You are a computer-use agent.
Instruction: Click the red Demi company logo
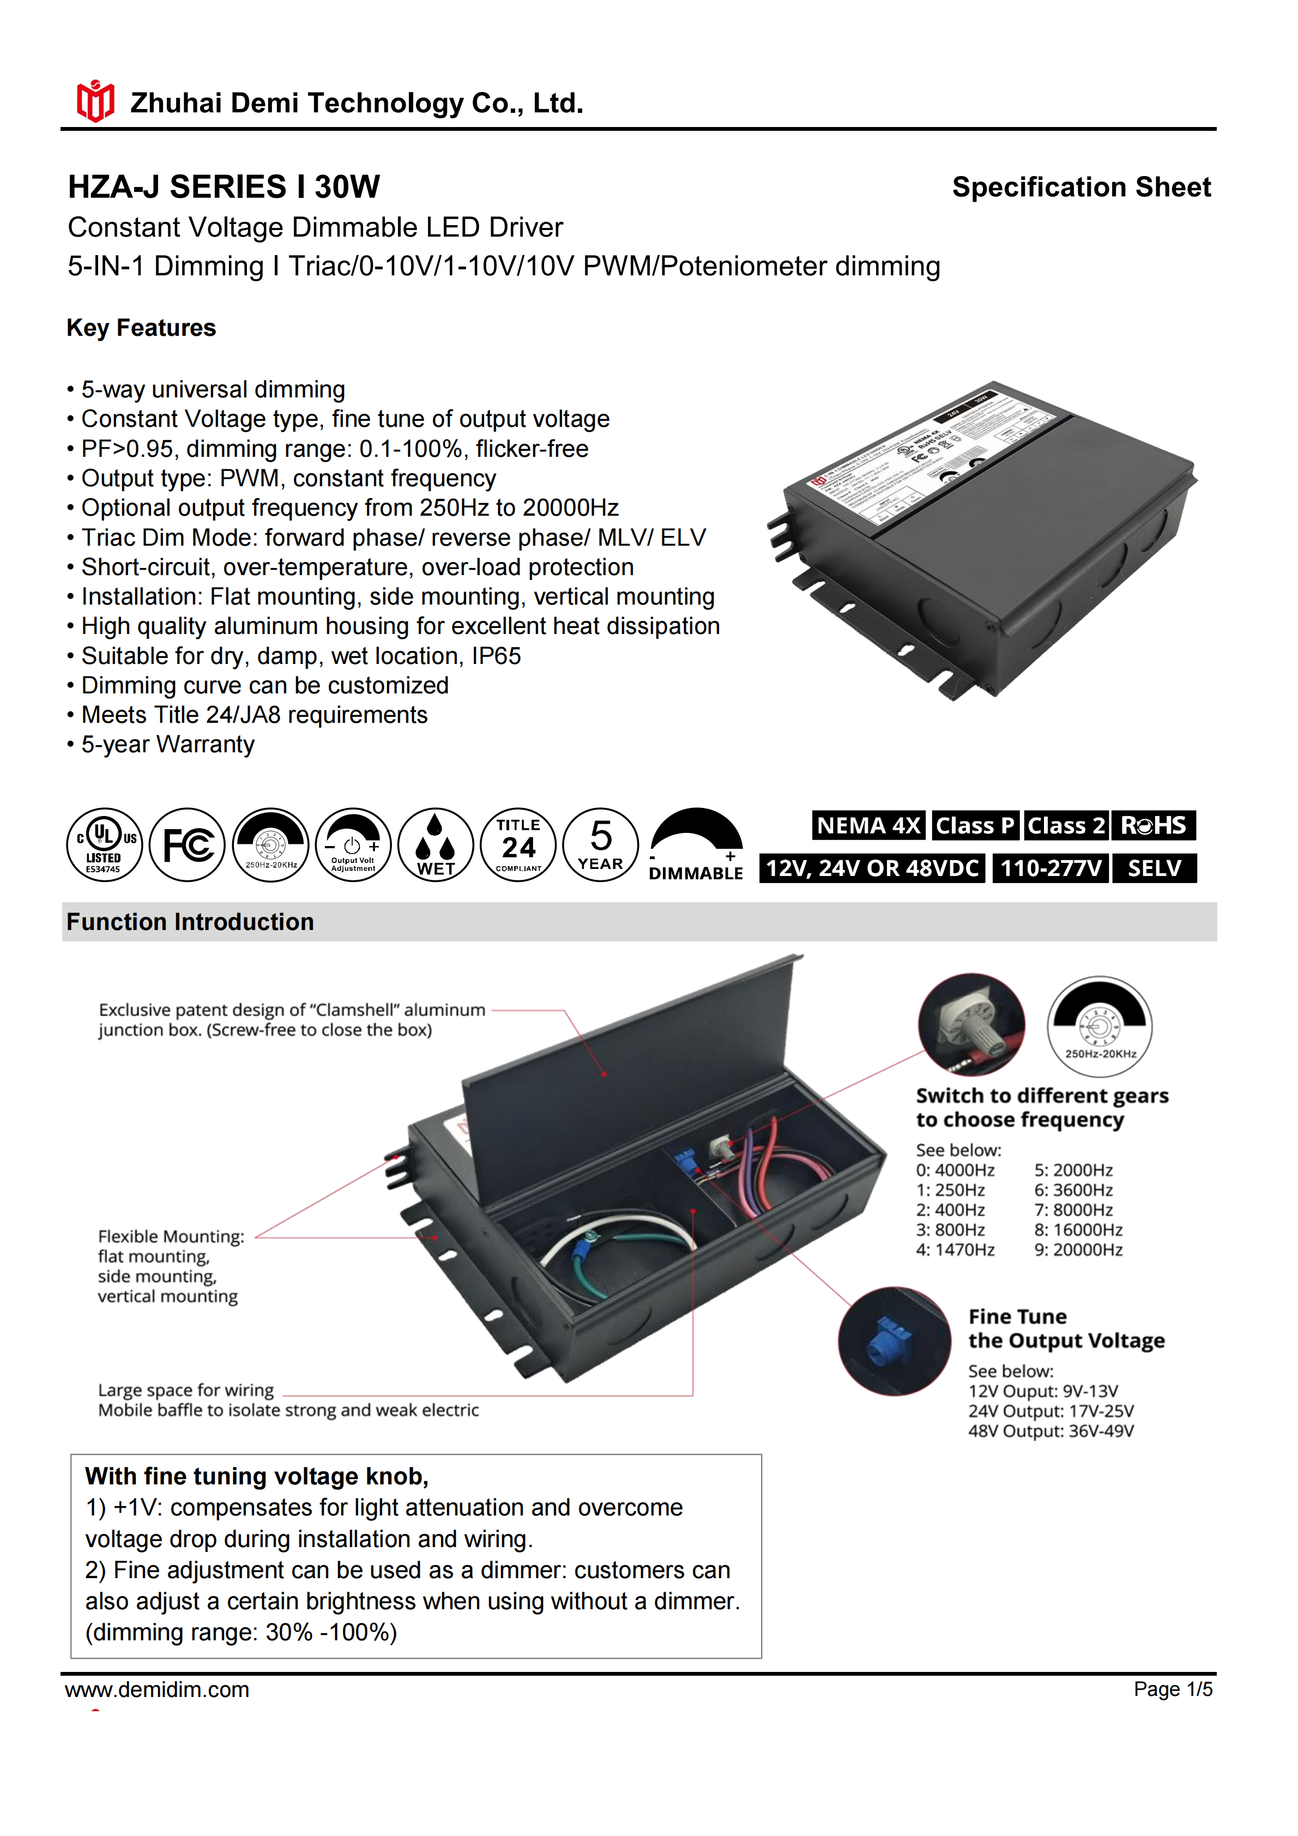pyautogui.click(x=95, y=101)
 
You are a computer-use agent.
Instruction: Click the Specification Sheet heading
pyautogui.click(x=1080, y=187)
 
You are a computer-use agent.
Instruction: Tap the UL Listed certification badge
pyautogui.click(x=105, y=844)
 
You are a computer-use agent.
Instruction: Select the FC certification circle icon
pyautogui.click(x=187, y=844)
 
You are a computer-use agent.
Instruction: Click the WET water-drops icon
pyautogui.click(x=436, y=844)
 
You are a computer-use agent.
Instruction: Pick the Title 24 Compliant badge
pyautogui.click(x=518, y=844)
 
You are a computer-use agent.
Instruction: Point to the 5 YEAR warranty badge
pyautogui.click(x=601, y=844)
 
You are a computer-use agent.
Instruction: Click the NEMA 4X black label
pyautogui.click(x=868, y=825)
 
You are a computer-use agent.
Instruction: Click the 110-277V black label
pyautogui.click(x=1050, y=868)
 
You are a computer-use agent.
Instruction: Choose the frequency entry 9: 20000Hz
pyautogui.click(x=1078, y=1250)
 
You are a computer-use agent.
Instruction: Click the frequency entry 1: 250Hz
pyautogui.click(x=950, y=1190)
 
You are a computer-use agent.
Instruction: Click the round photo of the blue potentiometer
pyautogui.click(x=894, y=1341)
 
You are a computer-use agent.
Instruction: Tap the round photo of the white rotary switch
pyautogui.click(x=971, y=1024)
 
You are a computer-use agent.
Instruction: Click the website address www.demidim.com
pyautogui.click(x=158, y=1690)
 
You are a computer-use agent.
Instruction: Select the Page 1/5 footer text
pyautogui.click(x=1173, y=1690)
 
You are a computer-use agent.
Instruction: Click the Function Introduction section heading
pyautogui.click(x=190, y=922)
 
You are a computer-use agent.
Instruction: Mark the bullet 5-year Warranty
pyautogui.click(x=167, y=745)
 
